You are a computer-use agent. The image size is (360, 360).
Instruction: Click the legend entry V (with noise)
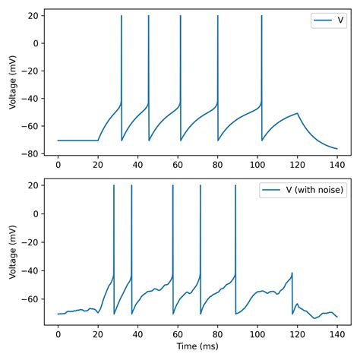[305, 190]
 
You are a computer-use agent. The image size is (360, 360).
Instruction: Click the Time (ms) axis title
[195, 346]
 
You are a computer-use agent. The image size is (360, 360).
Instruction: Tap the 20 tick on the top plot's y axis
[35, 16]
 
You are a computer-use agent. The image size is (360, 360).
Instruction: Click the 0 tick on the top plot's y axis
[37, 43]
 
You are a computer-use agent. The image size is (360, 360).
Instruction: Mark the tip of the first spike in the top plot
[122, 16]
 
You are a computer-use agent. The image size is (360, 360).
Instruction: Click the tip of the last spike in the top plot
[261, 16]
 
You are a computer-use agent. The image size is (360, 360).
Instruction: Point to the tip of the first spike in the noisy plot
[113, 185]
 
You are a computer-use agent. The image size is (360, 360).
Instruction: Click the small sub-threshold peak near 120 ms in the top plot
[297, 113]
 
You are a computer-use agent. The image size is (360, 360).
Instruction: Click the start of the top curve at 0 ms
[58, 141]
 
